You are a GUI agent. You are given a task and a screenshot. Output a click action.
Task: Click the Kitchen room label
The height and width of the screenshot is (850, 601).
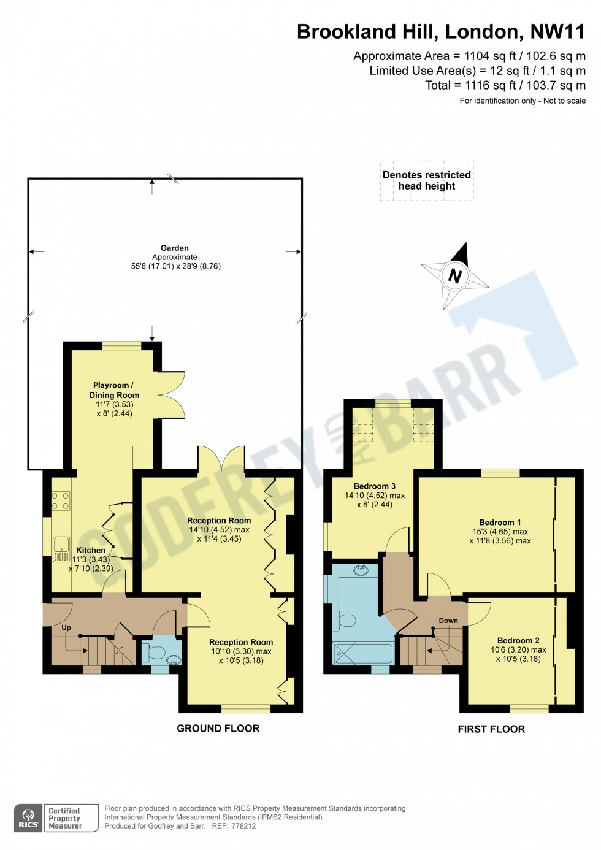pyautogui.click(x=91, y=550)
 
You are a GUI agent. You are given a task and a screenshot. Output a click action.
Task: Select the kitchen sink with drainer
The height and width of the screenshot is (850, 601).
pyautogui.click(x=61, y=549)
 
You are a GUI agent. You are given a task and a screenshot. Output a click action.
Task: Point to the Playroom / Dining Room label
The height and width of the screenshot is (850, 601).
pyautogui.click(x=114, y=390)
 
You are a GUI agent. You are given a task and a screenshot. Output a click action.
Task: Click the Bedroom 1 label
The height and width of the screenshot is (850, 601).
pyautogui.click(x=500, y=522)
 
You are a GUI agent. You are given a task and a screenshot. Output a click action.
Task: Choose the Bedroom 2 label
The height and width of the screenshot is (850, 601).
pyautogui.click(x=518, y=640)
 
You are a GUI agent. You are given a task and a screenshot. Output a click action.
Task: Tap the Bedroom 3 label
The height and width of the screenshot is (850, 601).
pyautogui.click(x=375, y=486)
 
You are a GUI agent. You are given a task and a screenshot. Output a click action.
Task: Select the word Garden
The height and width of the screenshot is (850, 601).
pyautogui.click(x=175, y=248)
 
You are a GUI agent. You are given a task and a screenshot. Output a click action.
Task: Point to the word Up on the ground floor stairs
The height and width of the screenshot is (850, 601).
pyautogui.click(x=66, y=627)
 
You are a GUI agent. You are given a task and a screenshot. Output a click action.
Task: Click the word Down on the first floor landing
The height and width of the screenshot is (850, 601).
pyautogui.click(x=448, y=621)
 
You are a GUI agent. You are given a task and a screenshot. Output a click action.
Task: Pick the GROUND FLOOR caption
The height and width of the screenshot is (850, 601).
pyautogui.click(x=218, y=728)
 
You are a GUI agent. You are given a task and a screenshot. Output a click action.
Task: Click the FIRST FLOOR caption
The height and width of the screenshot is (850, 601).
pyautogui.click(x=491, y=729)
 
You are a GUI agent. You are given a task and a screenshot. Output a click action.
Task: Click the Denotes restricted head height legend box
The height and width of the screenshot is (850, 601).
pyautogui.click(x=427, y=181)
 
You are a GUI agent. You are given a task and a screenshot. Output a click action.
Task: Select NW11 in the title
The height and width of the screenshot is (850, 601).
pyautogui.click(x=557, y=31)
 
